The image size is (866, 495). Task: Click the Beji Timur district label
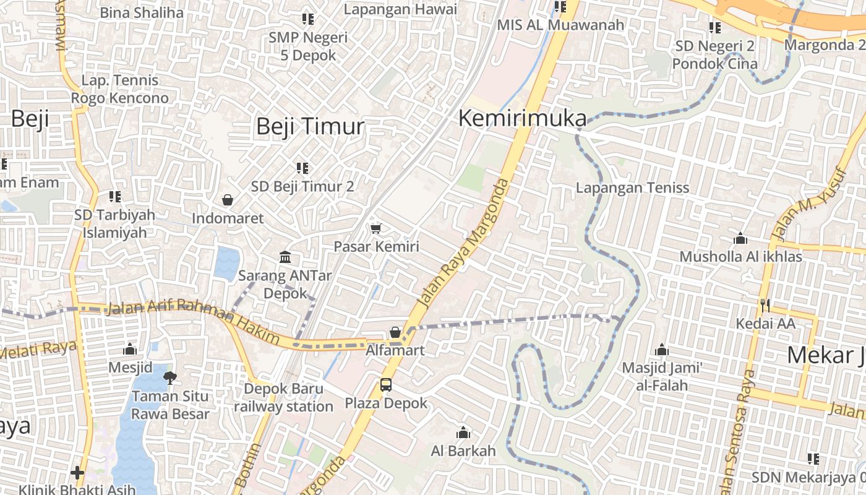(310, 126)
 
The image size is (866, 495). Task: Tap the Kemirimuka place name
(522, 118)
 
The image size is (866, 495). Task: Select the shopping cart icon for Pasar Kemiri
(375, 228)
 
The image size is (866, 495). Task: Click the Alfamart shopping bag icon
(395, 332)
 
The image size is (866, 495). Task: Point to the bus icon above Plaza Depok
(386, 385)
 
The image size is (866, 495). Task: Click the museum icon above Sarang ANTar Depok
(285, 257)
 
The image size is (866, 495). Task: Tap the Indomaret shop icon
(228, 200)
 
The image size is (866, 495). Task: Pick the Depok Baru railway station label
(283, 397)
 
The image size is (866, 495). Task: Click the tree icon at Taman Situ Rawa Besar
(170, 377)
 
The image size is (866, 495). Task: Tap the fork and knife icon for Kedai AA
(765, 305)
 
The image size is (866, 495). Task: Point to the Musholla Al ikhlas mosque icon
(740, 238)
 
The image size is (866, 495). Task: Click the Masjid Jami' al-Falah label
(662, 376)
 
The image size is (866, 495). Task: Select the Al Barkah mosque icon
(463, 433)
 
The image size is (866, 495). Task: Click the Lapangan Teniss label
(632, 187)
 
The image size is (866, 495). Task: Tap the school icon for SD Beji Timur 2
(302, 168)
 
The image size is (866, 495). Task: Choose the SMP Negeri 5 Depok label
(308, 46)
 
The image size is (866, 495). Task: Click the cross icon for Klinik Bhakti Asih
(77, 473)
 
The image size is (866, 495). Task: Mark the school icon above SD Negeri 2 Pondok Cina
(714, 28)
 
